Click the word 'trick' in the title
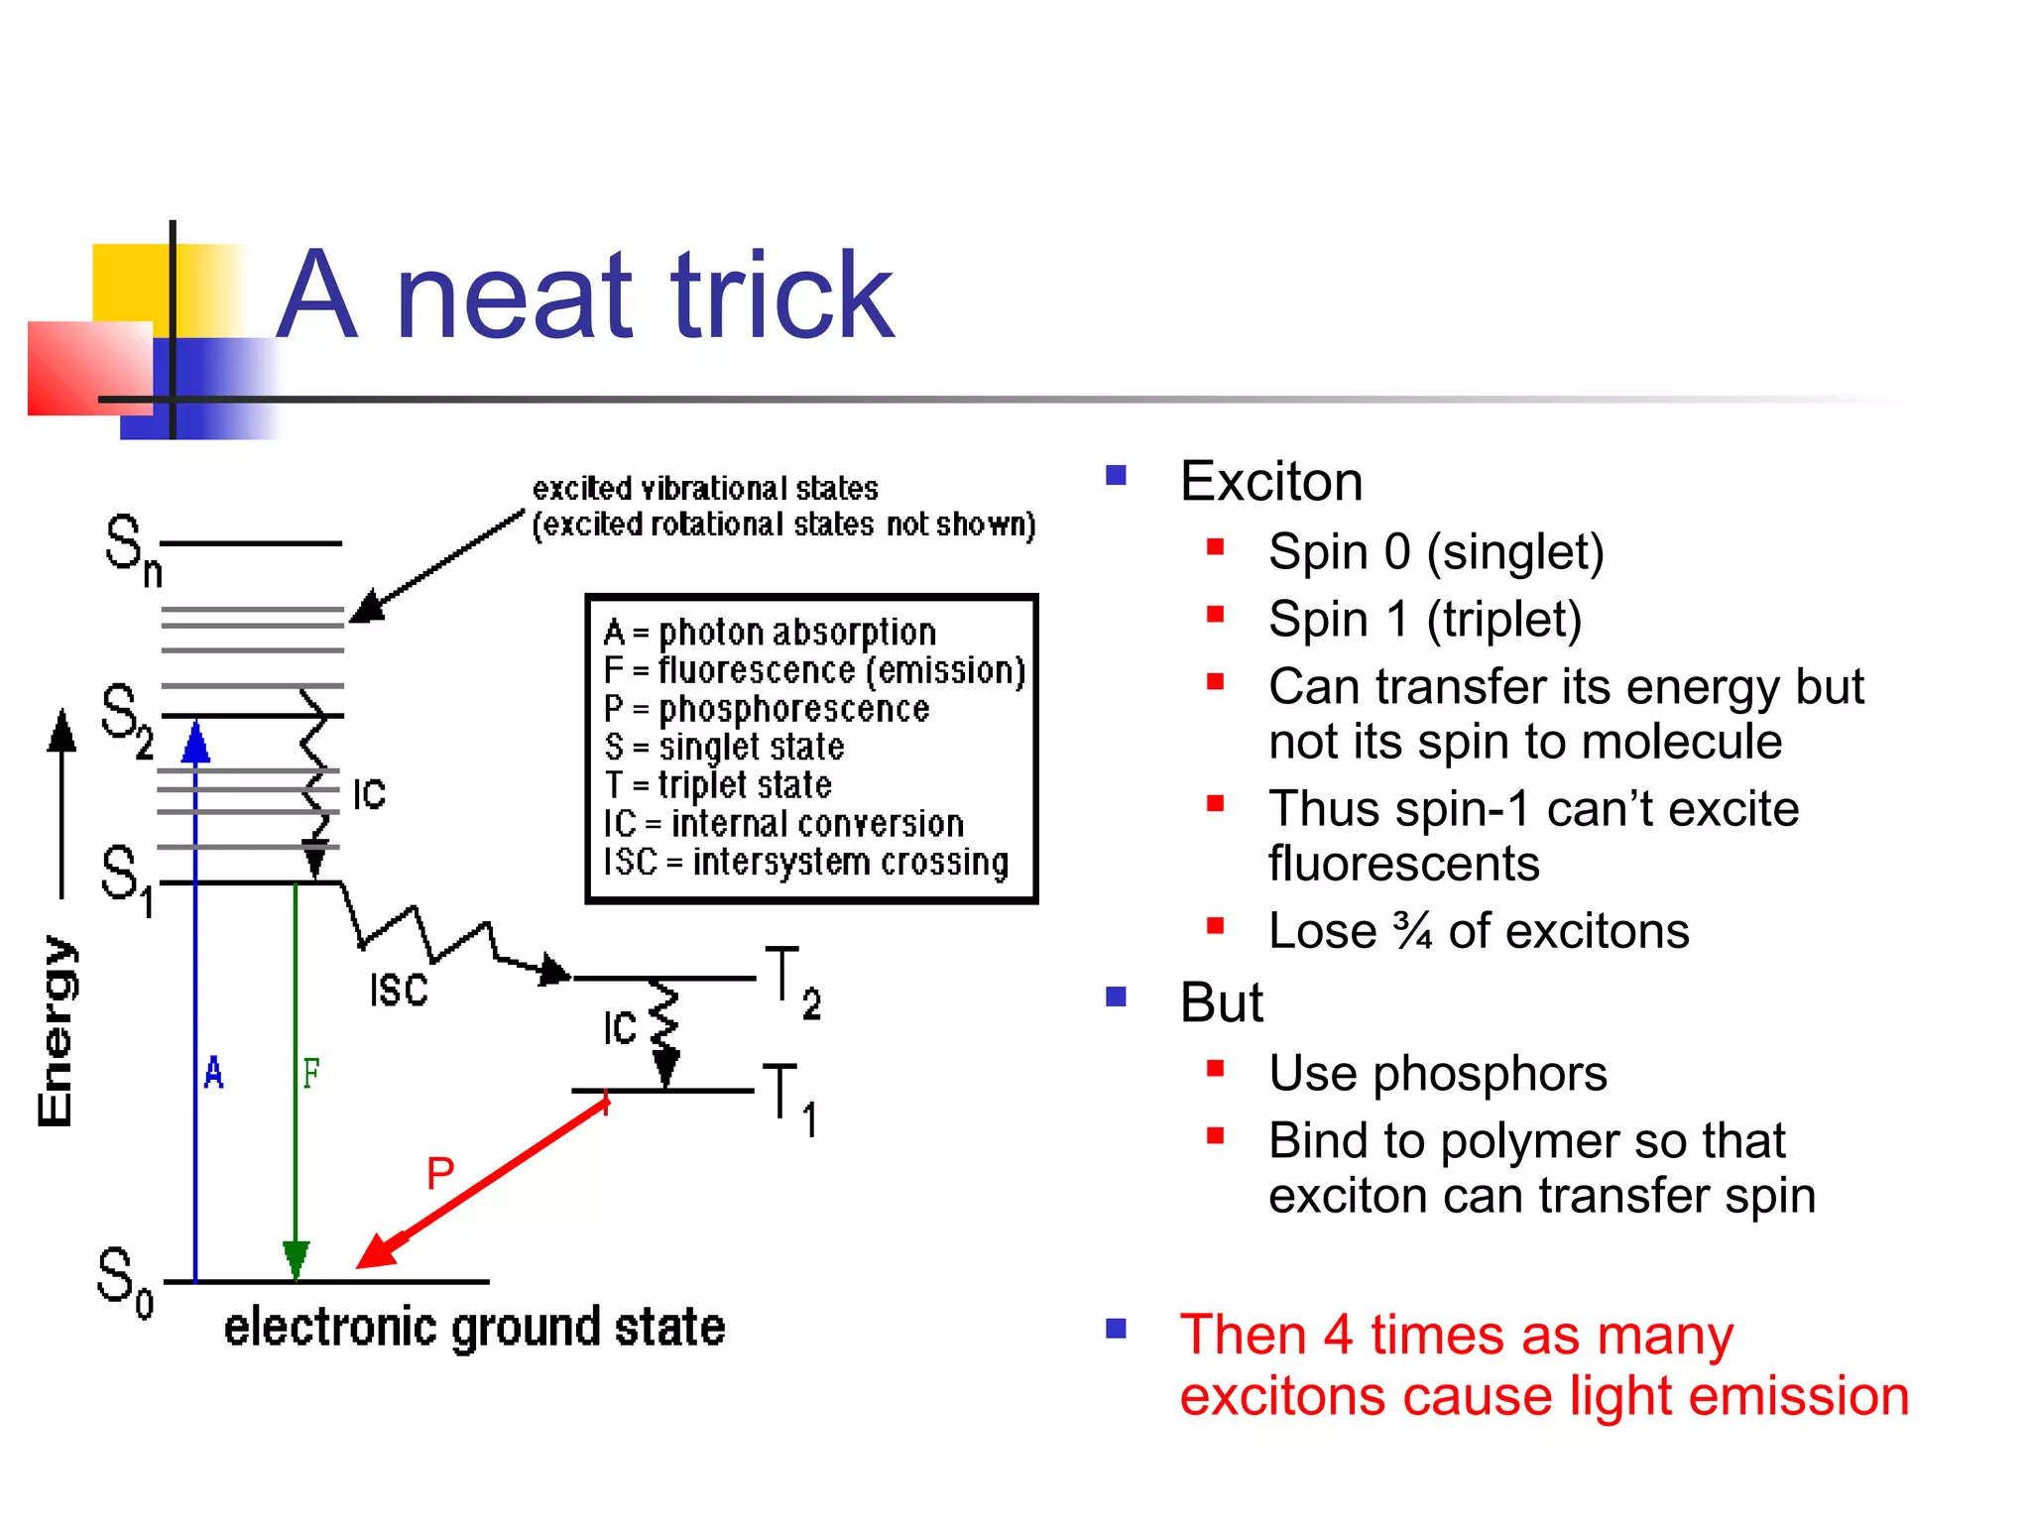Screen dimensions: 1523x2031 tap(782, 296)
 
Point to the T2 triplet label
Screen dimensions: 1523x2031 tap(792, 982)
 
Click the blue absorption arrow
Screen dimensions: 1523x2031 tap(195, 992)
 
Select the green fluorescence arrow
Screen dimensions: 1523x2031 tap(296, 1071)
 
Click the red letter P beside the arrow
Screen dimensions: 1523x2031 tap(440, 1174)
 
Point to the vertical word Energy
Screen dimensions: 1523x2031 tap(56, 1031)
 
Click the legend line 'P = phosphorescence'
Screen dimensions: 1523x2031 tap(767, 709)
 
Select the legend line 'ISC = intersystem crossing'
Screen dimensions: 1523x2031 tap(805, 862)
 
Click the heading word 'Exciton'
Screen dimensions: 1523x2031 tap(1271, 482)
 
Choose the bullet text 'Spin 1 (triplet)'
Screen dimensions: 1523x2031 tap(1424, 619)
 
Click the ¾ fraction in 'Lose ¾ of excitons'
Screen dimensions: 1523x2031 tap(1412, 931)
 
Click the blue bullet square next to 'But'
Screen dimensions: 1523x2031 tap(1117, 996)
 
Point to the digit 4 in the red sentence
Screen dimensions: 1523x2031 tap(1338, 1335)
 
